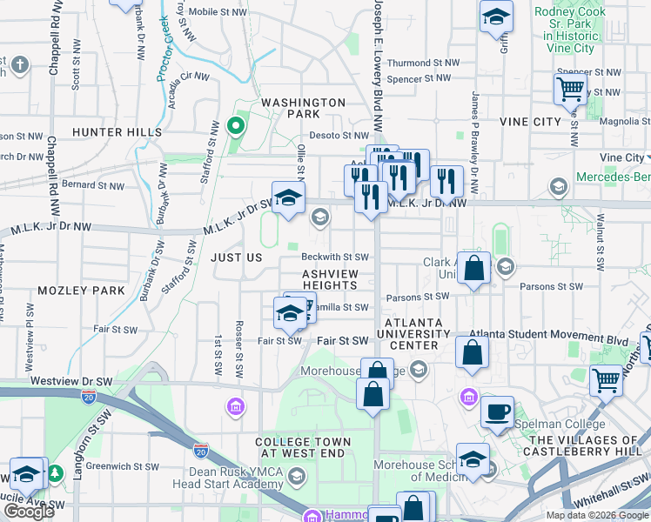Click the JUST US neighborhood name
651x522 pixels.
tap(236, 258)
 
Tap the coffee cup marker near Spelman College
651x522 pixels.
tap(497, 412)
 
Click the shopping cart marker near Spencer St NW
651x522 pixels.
tap(570, 87)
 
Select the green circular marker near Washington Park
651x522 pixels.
tap(234, 127)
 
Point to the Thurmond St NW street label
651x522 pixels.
tap(423, 64)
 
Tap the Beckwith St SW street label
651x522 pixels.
tap(335, 258)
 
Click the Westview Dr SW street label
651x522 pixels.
tap(71, 382)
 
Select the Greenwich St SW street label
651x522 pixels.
tap(122, 466)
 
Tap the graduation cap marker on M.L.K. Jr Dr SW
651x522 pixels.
tap(288, 197)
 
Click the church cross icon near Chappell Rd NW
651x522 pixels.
tap(20, 65)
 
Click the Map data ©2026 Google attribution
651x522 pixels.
tap(596, 515)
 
